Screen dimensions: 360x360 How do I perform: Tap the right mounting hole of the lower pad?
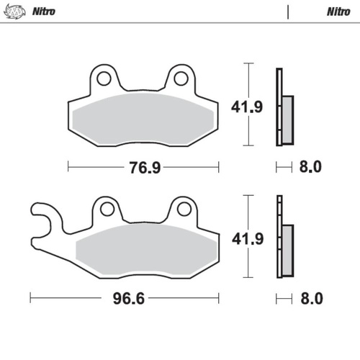[181, 209]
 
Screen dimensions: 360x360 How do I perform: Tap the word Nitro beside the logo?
[45, 12]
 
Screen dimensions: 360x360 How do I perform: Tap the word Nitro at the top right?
[338, 12]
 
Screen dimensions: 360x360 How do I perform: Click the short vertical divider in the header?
[288, 12]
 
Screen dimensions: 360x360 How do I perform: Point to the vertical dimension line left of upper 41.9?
[248, 105]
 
